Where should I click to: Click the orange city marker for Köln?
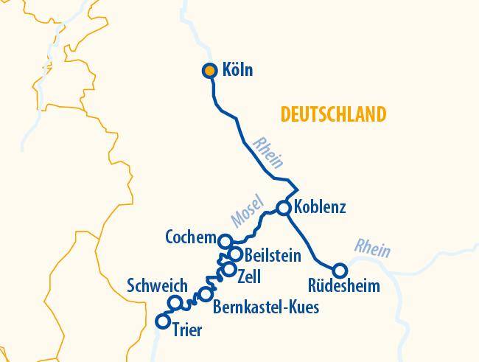click(209, 71)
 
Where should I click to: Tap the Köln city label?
click(237, 71)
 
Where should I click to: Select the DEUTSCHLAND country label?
click(333, 114)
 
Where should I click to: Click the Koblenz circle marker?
click(284, 208)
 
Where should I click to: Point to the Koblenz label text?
click(319, 207)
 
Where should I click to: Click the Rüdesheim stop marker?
click(340, 270)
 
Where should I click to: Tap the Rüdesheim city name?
click(345, 287)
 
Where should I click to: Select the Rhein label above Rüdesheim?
click(372, 248)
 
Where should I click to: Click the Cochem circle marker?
click(226, 240)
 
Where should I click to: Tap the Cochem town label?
click(191, 238)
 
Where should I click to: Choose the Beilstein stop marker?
click(235, 254)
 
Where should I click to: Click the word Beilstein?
click(272, 256)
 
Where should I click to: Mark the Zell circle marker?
click(229, 270)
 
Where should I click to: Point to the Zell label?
click(250, 276)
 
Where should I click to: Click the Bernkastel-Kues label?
click(265, 307)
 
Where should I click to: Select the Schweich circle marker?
click(175, 302)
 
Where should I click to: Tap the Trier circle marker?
click(164, 321)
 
